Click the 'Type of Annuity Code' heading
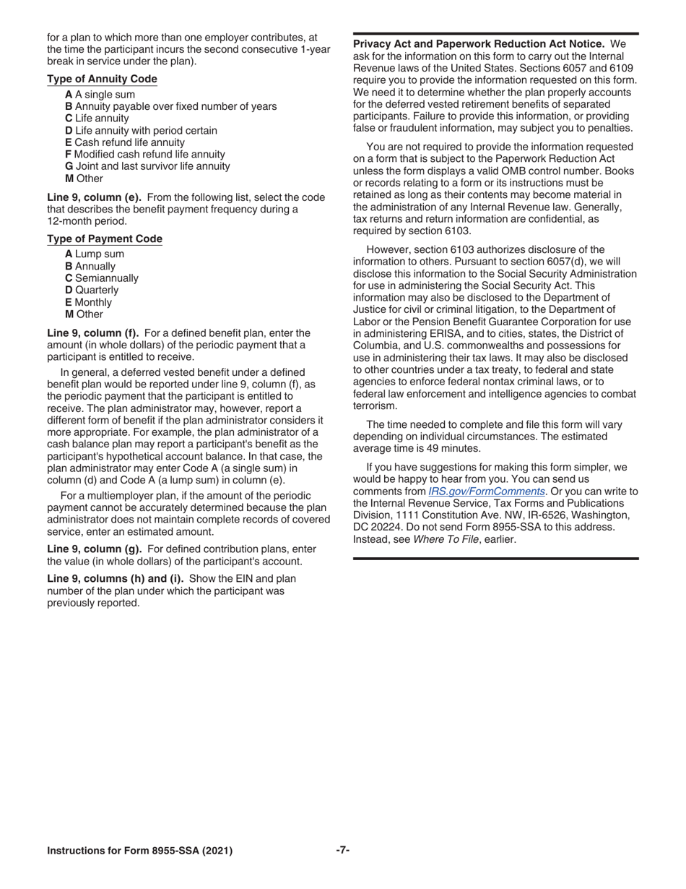102,79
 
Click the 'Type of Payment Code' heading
105,239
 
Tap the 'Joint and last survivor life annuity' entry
147,166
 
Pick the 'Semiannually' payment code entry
102,278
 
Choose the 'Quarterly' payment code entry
92,290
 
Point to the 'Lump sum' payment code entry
94,254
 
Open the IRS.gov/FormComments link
487,491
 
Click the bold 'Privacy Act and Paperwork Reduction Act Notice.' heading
479,44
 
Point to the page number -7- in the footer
343,850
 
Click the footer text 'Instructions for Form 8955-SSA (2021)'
140,851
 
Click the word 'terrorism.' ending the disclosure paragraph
375,405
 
